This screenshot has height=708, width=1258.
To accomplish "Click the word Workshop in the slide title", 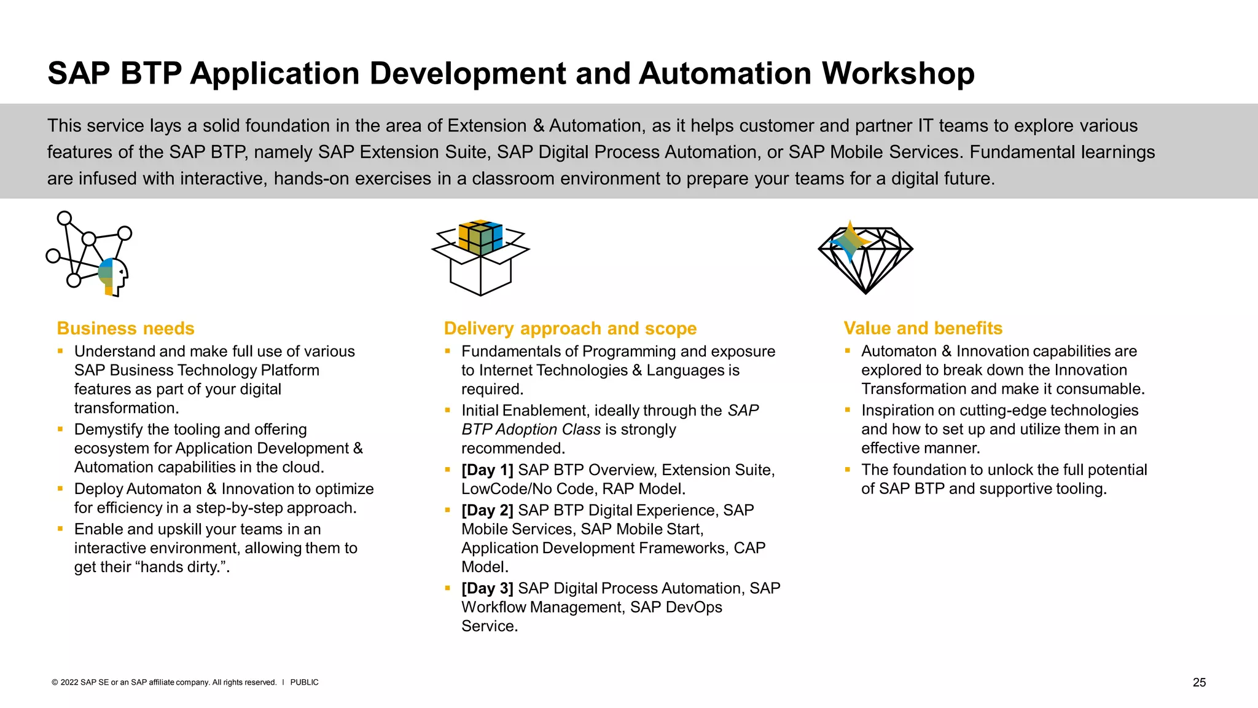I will [898, 73].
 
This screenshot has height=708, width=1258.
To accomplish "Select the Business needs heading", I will [125, 328].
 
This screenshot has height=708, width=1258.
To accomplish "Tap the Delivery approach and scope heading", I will [570, 328].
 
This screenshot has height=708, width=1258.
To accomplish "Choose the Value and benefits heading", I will [923, 328].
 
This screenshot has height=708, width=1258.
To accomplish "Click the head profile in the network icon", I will [114, 277].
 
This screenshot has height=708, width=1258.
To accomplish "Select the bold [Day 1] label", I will [487, 470].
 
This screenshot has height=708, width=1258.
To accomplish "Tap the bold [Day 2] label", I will [487, 511].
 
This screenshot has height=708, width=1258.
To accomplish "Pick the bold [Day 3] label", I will [487, 589].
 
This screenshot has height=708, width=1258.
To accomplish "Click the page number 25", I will [1199, 682].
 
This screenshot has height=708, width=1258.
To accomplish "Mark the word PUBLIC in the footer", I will [304, 682].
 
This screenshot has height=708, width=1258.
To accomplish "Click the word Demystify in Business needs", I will [108, 430].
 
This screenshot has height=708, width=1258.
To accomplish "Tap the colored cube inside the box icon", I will [480, 237].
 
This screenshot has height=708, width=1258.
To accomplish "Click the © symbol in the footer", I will [55, 682].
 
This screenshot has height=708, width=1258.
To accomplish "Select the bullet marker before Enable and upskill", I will [60, 529].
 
